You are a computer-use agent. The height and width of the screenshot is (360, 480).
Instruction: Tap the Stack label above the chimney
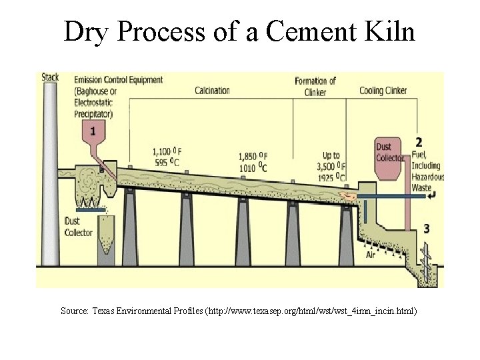point(50,77)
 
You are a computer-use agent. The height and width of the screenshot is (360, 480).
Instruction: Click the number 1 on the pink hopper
point(93,131)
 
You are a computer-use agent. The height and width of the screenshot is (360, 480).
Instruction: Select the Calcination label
point(213,91)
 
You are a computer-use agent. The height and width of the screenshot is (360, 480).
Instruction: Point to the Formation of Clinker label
point(315,87)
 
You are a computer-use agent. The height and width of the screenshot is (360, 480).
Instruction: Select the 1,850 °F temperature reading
point(253,156)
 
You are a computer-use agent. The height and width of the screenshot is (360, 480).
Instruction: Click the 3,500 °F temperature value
point(331,167)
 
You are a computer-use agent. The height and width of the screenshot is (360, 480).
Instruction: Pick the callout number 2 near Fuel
point(419,142)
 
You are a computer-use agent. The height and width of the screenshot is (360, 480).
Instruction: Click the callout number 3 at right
point(426,229)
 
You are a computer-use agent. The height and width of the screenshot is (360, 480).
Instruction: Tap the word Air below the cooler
point(371,255)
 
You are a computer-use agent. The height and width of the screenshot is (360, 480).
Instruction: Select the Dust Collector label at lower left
point(78,227)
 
